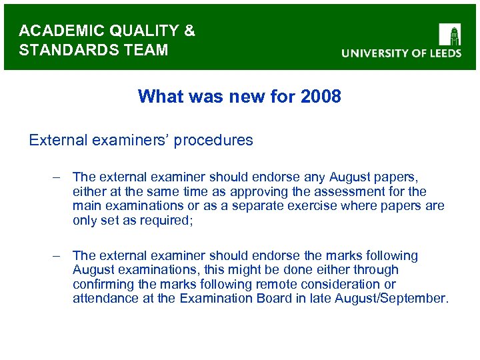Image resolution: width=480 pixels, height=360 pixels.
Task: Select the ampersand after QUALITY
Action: pyautogui.click(x=189, y=31)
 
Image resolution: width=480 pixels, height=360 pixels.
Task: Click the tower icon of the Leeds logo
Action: pyautogui.click(x=450, y=34)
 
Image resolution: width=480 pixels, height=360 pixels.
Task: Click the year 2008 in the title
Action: pyautogui.click(x=321, y=97)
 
